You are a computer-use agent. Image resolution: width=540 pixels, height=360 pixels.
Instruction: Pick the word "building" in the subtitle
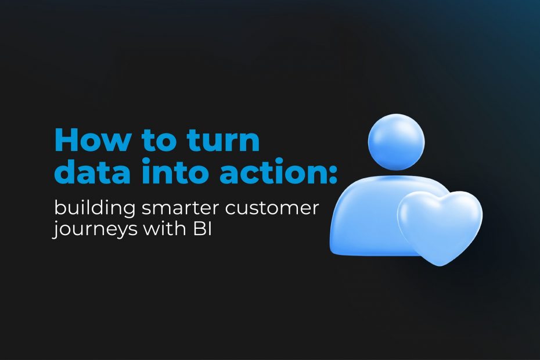[x=95, y=208]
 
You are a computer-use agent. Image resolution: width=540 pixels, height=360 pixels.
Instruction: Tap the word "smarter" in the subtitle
[x=181, y=209]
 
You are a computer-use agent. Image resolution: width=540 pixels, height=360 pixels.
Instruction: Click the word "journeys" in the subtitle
[x=95, y=229]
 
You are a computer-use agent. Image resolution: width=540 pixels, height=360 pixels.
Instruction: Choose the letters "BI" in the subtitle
[x=202, y=228]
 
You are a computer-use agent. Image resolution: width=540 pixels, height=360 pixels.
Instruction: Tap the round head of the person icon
[x=397, y=142]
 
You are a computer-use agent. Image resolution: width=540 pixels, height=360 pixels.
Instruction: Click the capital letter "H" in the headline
[x=67, y=139]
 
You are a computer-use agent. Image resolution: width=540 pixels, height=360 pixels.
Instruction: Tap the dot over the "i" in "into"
[x=146, y=161]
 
